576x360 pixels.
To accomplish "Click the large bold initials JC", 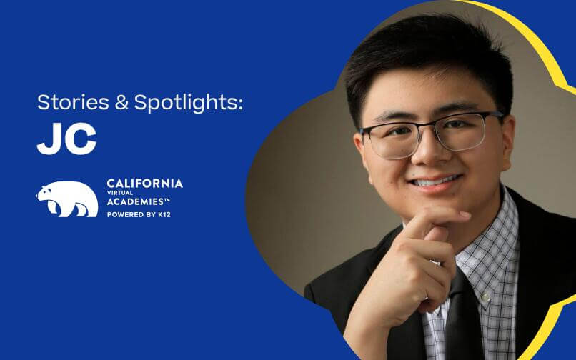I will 66,140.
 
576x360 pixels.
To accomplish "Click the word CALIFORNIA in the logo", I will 144,184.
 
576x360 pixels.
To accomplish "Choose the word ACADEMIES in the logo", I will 140,202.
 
